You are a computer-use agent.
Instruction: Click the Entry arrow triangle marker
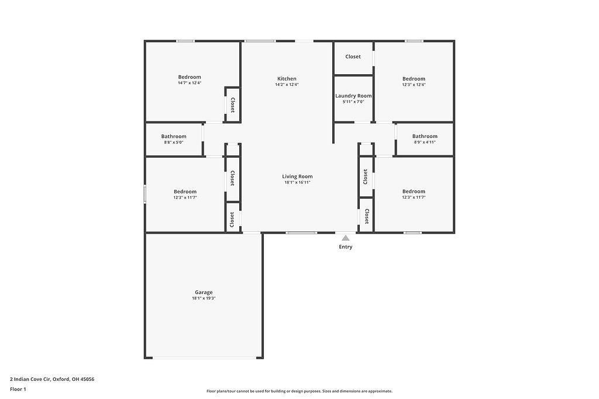(x=346, y=238)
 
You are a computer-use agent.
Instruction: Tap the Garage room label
(x=204, y=292)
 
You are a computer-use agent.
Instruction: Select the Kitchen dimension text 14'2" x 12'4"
(x=287, y=85)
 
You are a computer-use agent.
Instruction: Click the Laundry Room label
(x=353, y=96)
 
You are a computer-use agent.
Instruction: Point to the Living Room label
(x=297, y=176)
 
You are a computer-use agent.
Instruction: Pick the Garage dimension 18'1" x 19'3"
(x=204, y=299)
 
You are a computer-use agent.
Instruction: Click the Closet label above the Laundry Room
(x=353, y=57)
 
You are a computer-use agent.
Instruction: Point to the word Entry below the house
(x=346, y=247)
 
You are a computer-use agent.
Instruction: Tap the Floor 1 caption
(x=18, y=389)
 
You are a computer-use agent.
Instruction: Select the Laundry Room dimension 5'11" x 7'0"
(x=353, y=102)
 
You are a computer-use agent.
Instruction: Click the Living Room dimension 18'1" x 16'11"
(x=297, y=182)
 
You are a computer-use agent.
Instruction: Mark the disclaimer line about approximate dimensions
(x=299, y=391)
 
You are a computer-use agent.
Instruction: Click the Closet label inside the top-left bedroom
(x=232, y=105)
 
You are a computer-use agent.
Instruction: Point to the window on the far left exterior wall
(x=145, y=195)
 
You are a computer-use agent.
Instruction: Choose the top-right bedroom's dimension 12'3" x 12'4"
(x=414, y=85)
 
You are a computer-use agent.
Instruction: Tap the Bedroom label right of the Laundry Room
(x=414, y=79)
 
